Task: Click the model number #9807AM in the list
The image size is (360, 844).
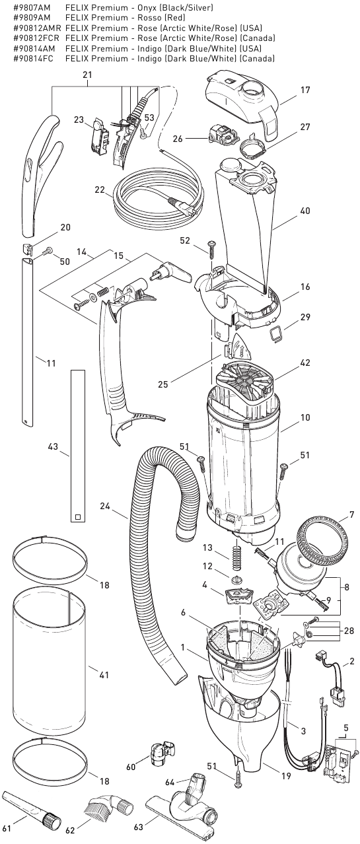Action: (31, 7)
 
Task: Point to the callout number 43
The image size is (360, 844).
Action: (54, 447)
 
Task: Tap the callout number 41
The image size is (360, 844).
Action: (103, 675)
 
